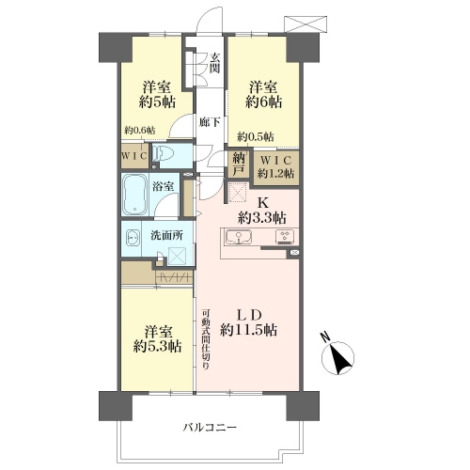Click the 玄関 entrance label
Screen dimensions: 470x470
coord(214,63)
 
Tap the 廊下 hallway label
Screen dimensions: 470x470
coord(210,122)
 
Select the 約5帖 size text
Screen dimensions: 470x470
coord(157,102)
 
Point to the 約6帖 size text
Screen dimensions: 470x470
coord(263,102)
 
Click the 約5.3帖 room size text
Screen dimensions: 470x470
coord(157,346)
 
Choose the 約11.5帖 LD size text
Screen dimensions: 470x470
coord(248,330)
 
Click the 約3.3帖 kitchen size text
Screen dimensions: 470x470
coord(262,217)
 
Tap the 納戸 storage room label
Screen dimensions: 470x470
coord(239,164)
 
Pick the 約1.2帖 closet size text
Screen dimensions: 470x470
coord(275,173)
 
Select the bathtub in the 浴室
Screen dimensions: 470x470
coord(134,195)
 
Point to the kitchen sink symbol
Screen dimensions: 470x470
coord(239,237)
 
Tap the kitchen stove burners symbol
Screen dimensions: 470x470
coord(285,236)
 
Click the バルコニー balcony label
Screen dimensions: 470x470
coord(210,427)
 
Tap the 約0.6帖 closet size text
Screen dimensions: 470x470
coord(139,130)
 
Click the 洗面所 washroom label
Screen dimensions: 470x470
coord(166,235)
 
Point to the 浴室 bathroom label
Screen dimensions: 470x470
coord(163,187)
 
